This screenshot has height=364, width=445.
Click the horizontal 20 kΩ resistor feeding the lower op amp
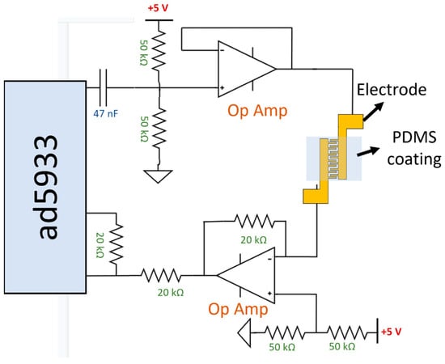click(165, 275)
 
